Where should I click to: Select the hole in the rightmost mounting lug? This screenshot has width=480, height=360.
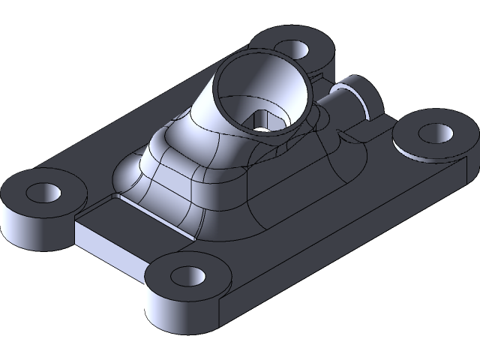click(x=433, y=133)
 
